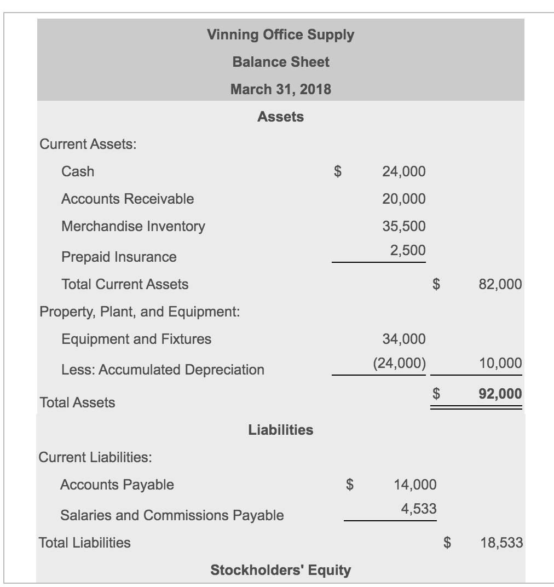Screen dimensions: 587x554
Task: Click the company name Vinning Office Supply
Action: pyautogui.click(x=280, y=35)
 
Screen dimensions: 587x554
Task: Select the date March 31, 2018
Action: pyautogui.click(x=280, y=89)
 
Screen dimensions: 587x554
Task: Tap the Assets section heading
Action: pyautogui.click(x=280, y=117)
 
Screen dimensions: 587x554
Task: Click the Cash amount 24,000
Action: pyautogui.click(x=403, y=172)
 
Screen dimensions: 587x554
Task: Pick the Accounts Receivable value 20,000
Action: pyautogui.click(x=403, y=199)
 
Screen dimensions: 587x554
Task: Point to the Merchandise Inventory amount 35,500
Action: pyautogui.click(x=403, y=226)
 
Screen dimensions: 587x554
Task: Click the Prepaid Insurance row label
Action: pyautogui.click(x=119, y=257)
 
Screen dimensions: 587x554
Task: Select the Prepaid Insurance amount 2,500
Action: pyautogui.click(x=408, y=250)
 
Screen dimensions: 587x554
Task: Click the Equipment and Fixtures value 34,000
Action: pyautogui.click(x=403, y=339)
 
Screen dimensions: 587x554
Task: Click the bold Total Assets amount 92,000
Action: pyautogui.click(x=500, y=394)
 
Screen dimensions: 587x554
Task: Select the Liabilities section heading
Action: pyautogui.click(x=280, y=430)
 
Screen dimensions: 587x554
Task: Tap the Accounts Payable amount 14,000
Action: pyautogui.click(x=415, y=485)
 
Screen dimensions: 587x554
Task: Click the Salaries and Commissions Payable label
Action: pyautogui.click(x=172, y=515)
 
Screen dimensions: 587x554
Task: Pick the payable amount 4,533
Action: pyautogui.click(x=419, y=509)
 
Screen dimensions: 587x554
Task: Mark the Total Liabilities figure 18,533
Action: pyautogui.click(x=501, y=543)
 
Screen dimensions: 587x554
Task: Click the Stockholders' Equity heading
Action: pyautogui.click(x=280, y=570)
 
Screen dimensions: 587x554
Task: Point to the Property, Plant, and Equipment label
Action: pyautogui.click(x=140, y=312)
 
